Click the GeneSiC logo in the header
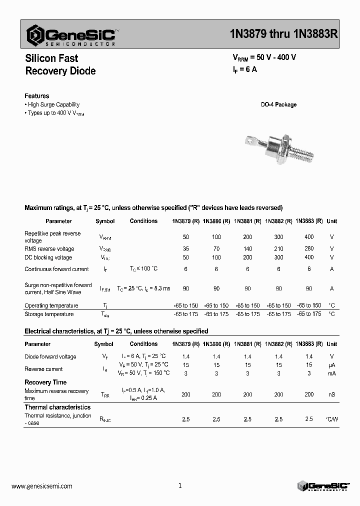tap(73, 35)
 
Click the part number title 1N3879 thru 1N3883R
tap(283, 34)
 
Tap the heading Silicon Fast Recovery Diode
tap(60, 64)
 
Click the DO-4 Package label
tap(278, 105)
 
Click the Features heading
tap(37, 96)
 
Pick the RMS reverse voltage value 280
tap(309, 248)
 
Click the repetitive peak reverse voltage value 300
tap(278, 236)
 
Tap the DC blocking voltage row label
tap(48, 257)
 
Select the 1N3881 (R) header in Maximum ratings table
tap(247, 221)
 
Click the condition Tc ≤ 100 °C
tap(143, 269)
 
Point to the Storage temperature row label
tap(49, 314)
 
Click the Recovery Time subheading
tap(45, 382)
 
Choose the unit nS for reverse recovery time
tap(331, 394)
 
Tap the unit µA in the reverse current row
tap(331, 365)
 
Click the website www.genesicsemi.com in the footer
tap(42, 485)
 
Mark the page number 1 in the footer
tap(180, 485)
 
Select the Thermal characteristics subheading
tap(57, 407)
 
